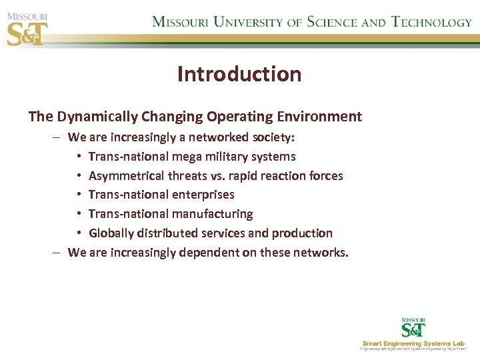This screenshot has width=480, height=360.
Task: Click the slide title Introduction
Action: pyautogui.click(x=239, y=74)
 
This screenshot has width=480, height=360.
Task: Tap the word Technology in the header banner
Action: pyautogui.click(x=432, y=22)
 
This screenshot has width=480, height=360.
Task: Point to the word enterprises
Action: pyautogui.click(x=203, y=195)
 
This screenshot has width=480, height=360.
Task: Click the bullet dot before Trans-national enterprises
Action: pyautogui.click(x=79, y=195)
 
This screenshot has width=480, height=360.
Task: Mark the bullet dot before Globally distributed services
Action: pyautogui.click(x=79, y=234)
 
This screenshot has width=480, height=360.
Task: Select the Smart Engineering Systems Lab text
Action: pyautogui.click(x=413, y=343)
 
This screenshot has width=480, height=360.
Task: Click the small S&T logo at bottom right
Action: pyautogui.click(x=413, y=327)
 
